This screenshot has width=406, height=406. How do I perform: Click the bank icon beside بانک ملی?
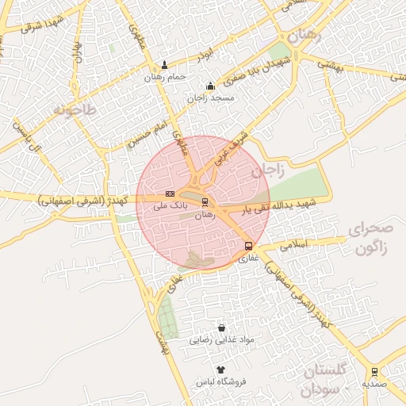click(170, 193)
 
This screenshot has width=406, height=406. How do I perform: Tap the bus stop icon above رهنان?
click(205, 201)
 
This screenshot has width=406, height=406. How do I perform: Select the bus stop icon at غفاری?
click(249, 245)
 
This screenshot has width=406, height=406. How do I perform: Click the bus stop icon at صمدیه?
click(374, 370)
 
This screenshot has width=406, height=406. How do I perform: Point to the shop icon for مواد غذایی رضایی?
click(221, 327)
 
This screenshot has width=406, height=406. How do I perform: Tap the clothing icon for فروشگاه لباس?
click(221, 370)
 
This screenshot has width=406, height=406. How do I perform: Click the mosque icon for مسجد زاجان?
click(210, 86)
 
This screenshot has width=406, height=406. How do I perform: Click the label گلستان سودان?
click(325, 381)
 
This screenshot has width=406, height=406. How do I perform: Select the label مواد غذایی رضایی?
click(222, 340)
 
